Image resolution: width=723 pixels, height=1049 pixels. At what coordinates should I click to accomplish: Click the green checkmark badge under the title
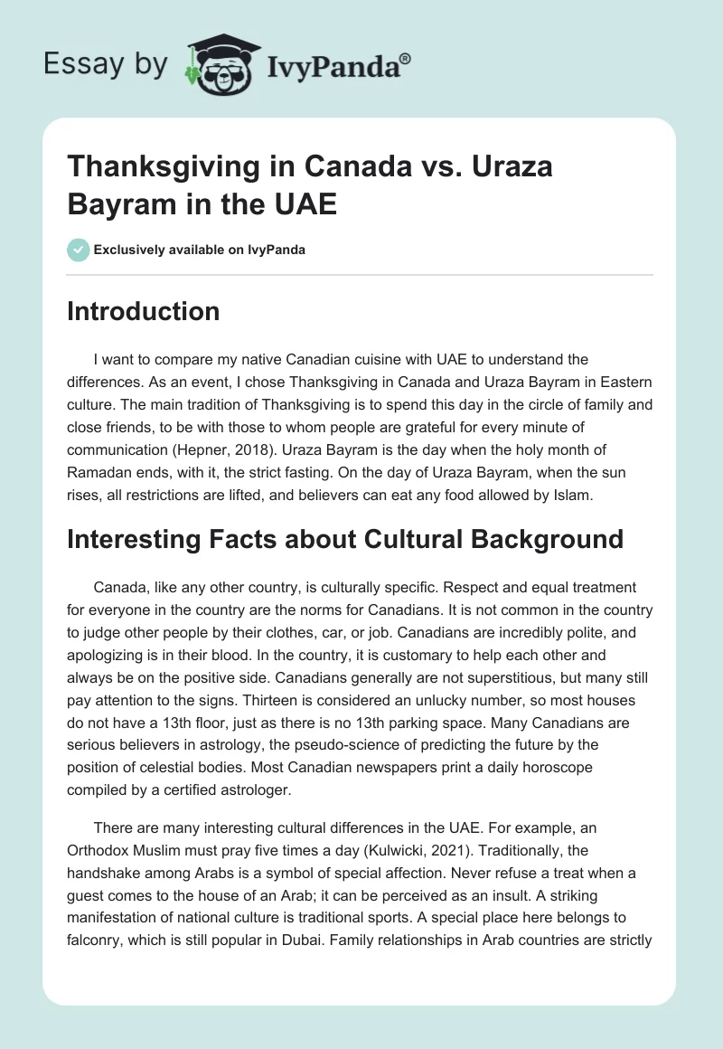coord(78,250)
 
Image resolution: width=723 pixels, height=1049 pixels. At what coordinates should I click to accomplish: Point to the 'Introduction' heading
coord(144,311)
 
